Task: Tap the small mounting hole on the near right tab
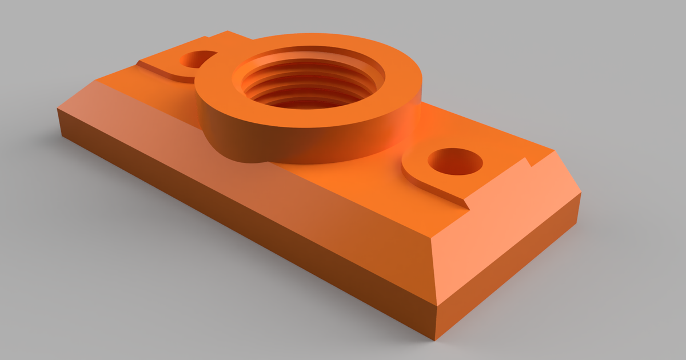pos(455,161)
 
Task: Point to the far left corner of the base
pos(58,109)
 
